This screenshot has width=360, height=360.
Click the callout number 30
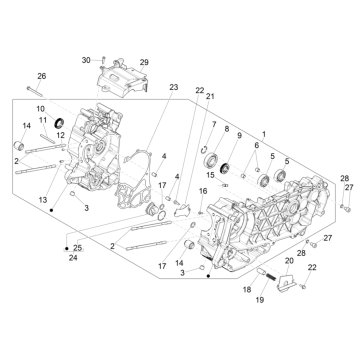85,61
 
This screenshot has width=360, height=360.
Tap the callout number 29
143,63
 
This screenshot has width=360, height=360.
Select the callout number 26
42,76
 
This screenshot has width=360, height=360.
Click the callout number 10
41,108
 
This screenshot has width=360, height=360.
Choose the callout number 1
264,134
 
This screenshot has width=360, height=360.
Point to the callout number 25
78,247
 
